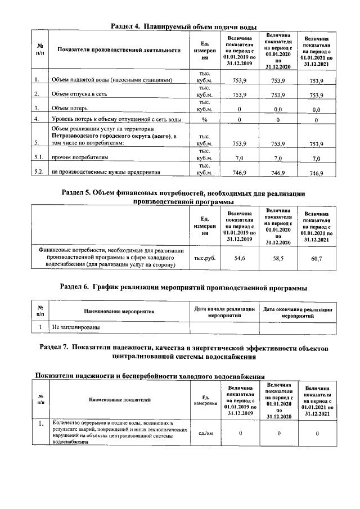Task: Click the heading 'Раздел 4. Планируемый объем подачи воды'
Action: (x=183, y=26)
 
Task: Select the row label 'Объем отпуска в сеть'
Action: (x=83, y=94)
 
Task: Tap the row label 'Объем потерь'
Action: (x=71, y=108)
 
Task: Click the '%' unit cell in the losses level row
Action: (x=205, y=120)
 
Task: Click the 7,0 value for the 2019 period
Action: (x=241, y=159)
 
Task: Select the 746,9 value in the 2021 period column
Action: (x=317, y=173)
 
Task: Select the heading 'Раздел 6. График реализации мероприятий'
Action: (x=183, y=287)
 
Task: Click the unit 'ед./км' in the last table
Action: (x=205, y=433)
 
